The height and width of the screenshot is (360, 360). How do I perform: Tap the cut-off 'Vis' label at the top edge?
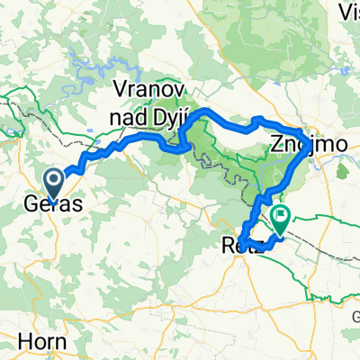click(346, 11)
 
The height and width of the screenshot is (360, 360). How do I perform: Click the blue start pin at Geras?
click(54, 184)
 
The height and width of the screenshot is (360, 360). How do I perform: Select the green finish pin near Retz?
click(281, 219)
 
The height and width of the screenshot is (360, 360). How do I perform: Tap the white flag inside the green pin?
click(281, 215)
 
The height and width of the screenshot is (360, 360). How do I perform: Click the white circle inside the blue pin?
click(54, 180)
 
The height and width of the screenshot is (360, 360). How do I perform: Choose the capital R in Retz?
click(225, 243)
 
